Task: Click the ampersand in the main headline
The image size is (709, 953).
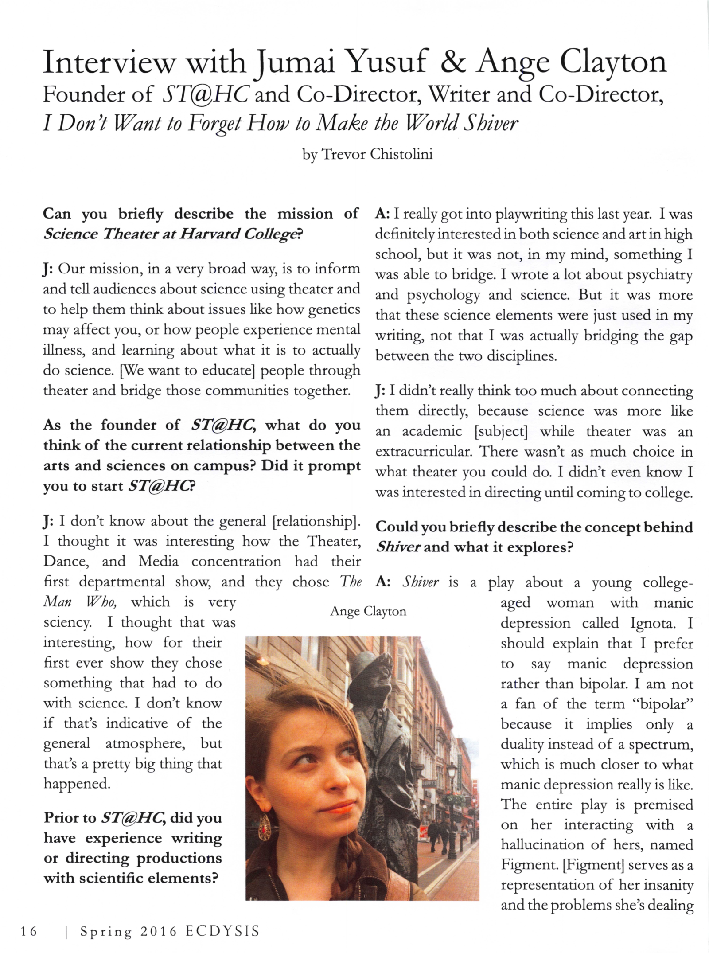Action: [453, 63]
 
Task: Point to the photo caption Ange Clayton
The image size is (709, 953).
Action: [368, 612]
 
